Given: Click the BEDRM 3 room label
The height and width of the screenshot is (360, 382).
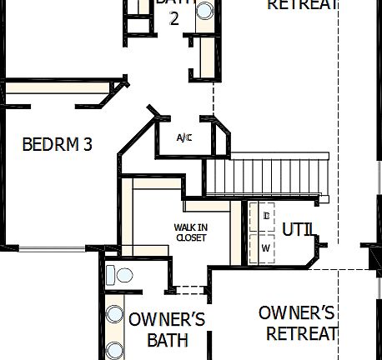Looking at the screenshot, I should (57, 144).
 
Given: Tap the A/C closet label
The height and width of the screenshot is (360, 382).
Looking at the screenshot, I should (184, 137).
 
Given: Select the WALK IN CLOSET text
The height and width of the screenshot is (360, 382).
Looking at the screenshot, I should (190, 232).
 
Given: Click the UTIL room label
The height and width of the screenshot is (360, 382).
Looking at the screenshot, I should (298, 228).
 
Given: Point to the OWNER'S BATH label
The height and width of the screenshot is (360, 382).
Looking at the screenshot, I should (167, 329).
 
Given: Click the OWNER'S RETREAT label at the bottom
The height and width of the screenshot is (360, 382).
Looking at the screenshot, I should (298, 323).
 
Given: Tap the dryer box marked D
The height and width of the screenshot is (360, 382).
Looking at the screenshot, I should (266, 217).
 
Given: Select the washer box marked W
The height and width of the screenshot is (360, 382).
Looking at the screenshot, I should (266, 248).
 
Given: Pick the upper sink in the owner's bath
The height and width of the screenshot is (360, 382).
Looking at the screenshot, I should (114, 316).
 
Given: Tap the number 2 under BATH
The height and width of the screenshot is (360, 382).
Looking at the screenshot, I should (174, 18).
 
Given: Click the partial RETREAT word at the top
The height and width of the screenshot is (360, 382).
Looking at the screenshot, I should (302, 5).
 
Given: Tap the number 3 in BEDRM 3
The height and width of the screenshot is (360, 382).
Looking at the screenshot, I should (87, 144).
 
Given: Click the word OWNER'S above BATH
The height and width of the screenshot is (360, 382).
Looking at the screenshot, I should (167, 319).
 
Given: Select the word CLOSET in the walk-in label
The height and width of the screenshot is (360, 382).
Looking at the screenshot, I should (190, 237).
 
